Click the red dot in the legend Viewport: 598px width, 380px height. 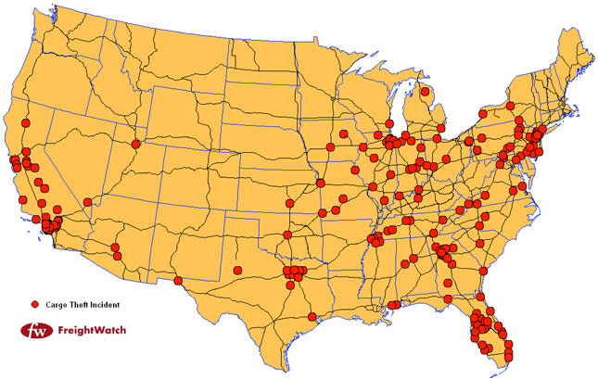[34, 304]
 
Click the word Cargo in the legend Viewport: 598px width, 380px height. [59, 304]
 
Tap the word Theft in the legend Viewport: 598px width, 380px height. [82, 304]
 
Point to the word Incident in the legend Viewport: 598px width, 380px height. [108, 304]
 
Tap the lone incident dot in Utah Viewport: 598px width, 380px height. [137, 144]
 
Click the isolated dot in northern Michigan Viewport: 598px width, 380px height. [425, 92]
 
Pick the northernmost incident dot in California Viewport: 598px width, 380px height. [27, 123]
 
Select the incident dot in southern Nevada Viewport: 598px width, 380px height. [88, 200]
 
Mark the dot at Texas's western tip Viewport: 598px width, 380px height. [178, 280]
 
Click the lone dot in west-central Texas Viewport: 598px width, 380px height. [237, 271]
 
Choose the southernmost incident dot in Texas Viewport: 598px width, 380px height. [312, 317]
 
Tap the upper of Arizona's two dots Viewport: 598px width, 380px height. [115, 247]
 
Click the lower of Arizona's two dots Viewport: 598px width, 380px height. [117, 255]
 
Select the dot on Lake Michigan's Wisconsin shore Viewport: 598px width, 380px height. [378, 135]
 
